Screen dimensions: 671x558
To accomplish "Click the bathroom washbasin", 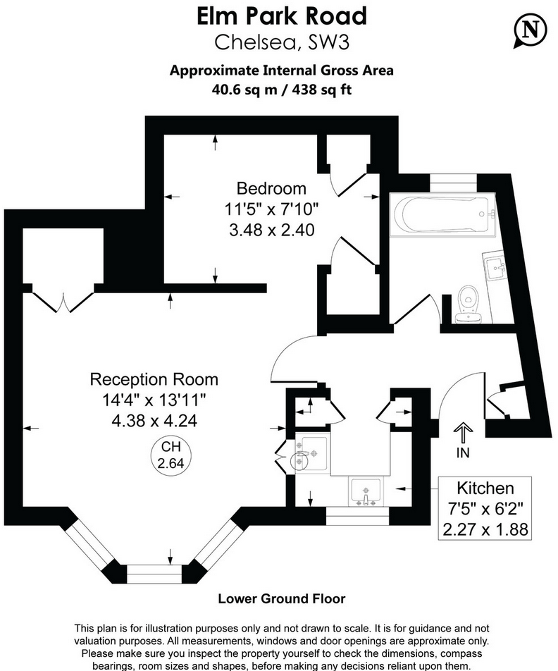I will click(495, 266).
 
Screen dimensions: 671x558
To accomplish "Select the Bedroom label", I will click(271, 188).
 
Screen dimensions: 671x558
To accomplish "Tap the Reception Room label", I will click(154, 379).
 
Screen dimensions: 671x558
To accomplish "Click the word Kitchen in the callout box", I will click(485, 488).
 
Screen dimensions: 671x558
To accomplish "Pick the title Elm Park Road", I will click(282, 16).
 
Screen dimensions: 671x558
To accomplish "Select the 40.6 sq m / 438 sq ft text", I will click(282, 90).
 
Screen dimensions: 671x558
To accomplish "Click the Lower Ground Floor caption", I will click(282, 599).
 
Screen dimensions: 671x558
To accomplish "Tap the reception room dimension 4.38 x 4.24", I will click(154, 421).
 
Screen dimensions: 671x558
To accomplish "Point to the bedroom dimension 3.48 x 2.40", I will click(271, 229).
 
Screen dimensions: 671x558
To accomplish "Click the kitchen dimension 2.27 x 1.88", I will click(485, 529).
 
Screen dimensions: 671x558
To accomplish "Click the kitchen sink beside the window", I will click(364, 491).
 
